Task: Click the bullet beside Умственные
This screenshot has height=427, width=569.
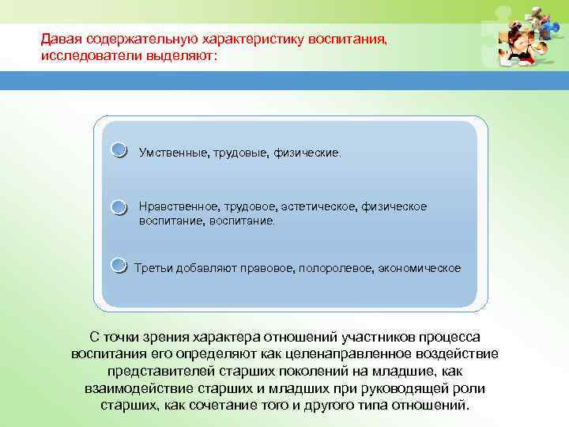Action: [x=118, y=150]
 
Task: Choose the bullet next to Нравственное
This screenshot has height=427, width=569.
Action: [x=118, y=207]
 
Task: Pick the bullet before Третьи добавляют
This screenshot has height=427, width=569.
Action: [x=118, y=265]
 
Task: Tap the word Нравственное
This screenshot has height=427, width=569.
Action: [x=175, y=206]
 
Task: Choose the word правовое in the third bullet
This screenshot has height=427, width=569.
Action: [x=268, y=268]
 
